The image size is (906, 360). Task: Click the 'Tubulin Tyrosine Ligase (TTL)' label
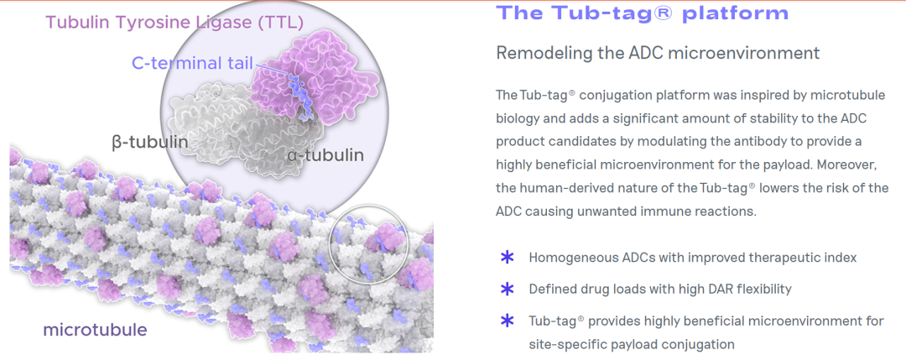click(x=174, y=23)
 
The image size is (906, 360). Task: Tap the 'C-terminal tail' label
click(x=192, y=63)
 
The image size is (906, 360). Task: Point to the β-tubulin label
click(x=150, y=142)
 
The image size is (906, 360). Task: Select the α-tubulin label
click(x=325, y=155)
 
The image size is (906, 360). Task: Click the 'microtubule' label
click(x=96, y=330)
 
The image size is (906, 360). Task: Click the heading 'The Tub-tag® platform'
click(x=642, y=13)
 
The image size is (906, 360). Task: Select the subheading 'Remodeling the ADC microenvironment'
click(x=658, y=53)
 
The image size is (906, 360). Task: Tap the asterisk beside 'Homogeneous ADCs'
click(x=507, y=257)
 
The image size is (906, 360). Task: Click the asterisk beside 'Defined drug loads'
click(x=507, y=289)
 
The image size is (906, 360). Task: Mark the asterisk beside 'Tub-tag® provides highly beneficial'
click(x=507, y=321)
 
